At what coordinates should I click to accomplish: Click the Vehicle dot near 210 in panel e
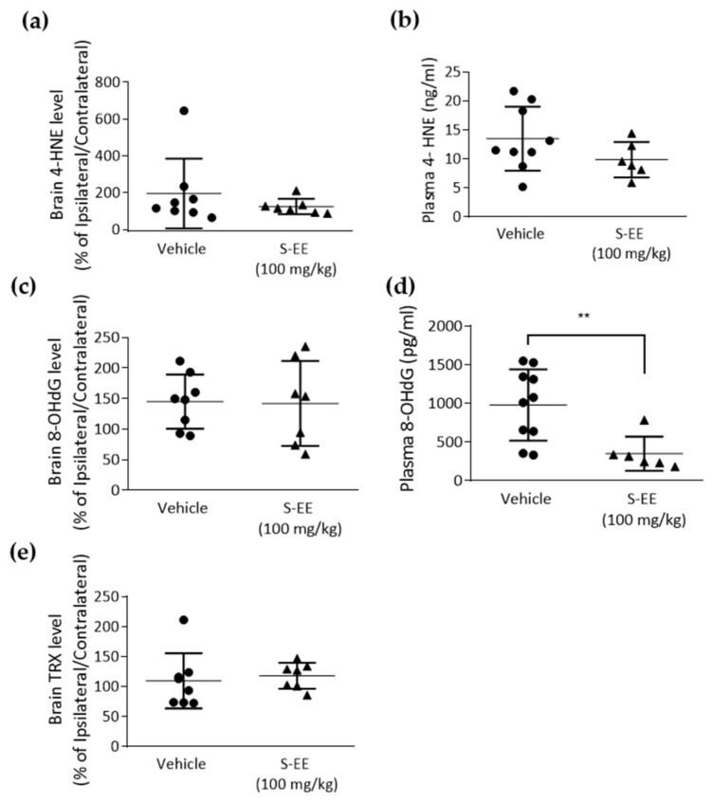pos(183,620)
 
